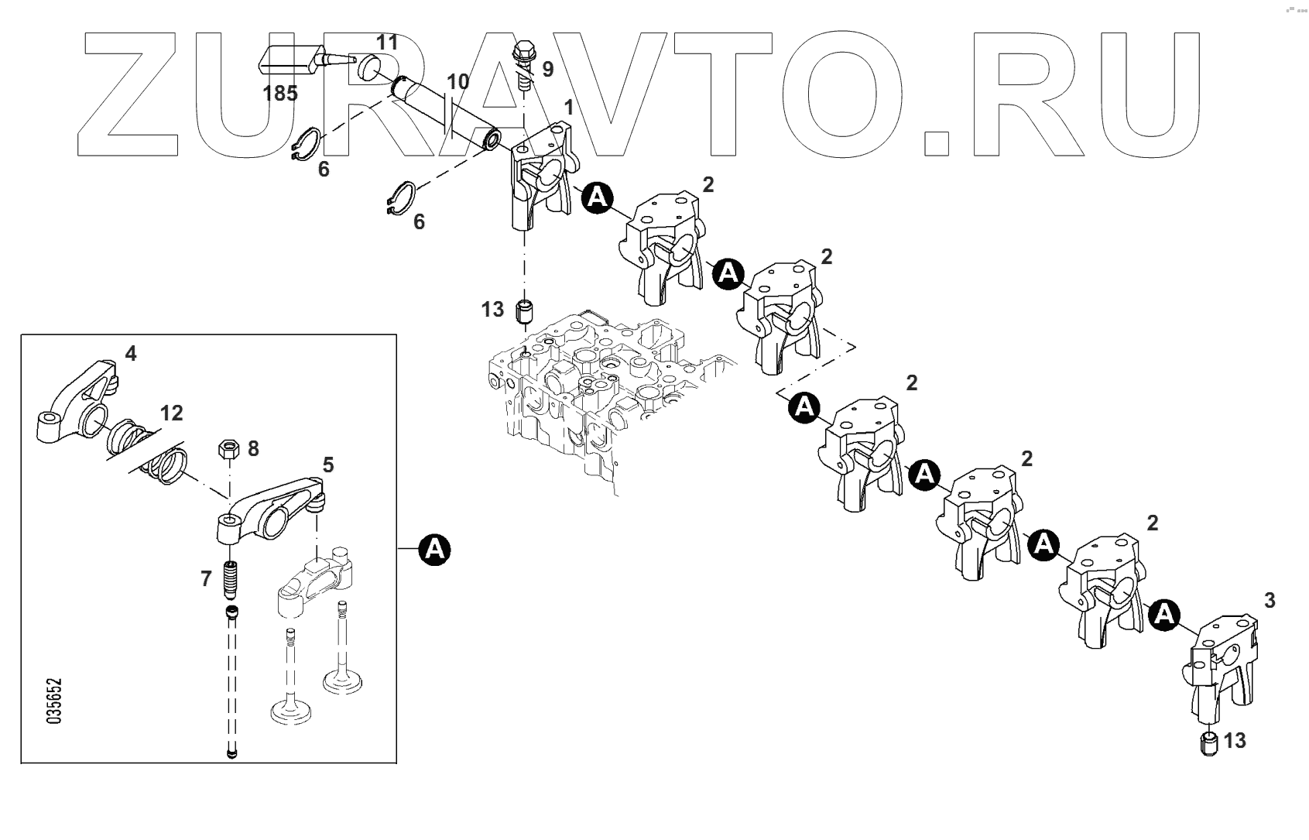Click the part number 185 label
click(x=280, y=94)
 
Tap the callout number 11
click(x=386, y=43)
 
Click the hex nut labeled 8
click(x=229, y=448)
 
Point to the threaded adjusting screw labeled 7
click(x=230, y=579)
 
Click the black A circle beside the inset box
click(x=434, y=550)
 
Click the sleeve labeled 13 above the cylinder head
click(x=526, y=310)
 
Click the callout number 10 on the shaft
click(x=457, y=82)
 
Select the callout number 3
click(x=1269, y=600)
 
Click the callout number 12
click(x=171, y=413)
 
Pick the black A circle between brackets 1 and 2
click(x=596, y=199)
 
